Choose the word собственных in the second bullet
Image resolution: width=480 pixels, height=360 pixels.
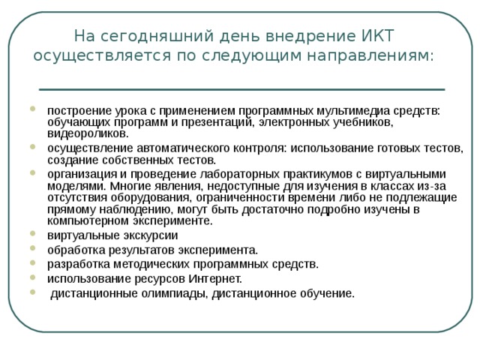point(133,159)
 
